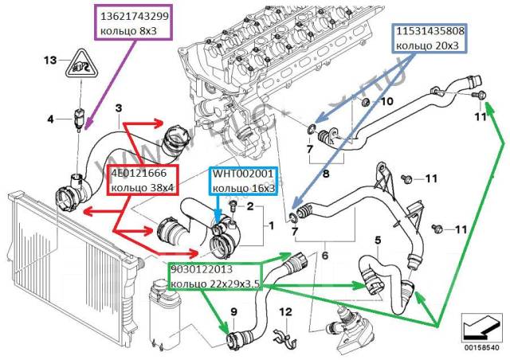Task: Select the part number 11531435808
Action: tap(427, 32)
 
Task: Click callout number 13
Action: tap(50, 61)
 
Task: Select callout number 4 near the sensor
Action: tap(50, 119)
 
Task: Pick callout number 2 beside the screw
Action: tap(249, 206)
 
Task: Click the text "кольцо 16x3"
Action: tap(245, 188)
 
